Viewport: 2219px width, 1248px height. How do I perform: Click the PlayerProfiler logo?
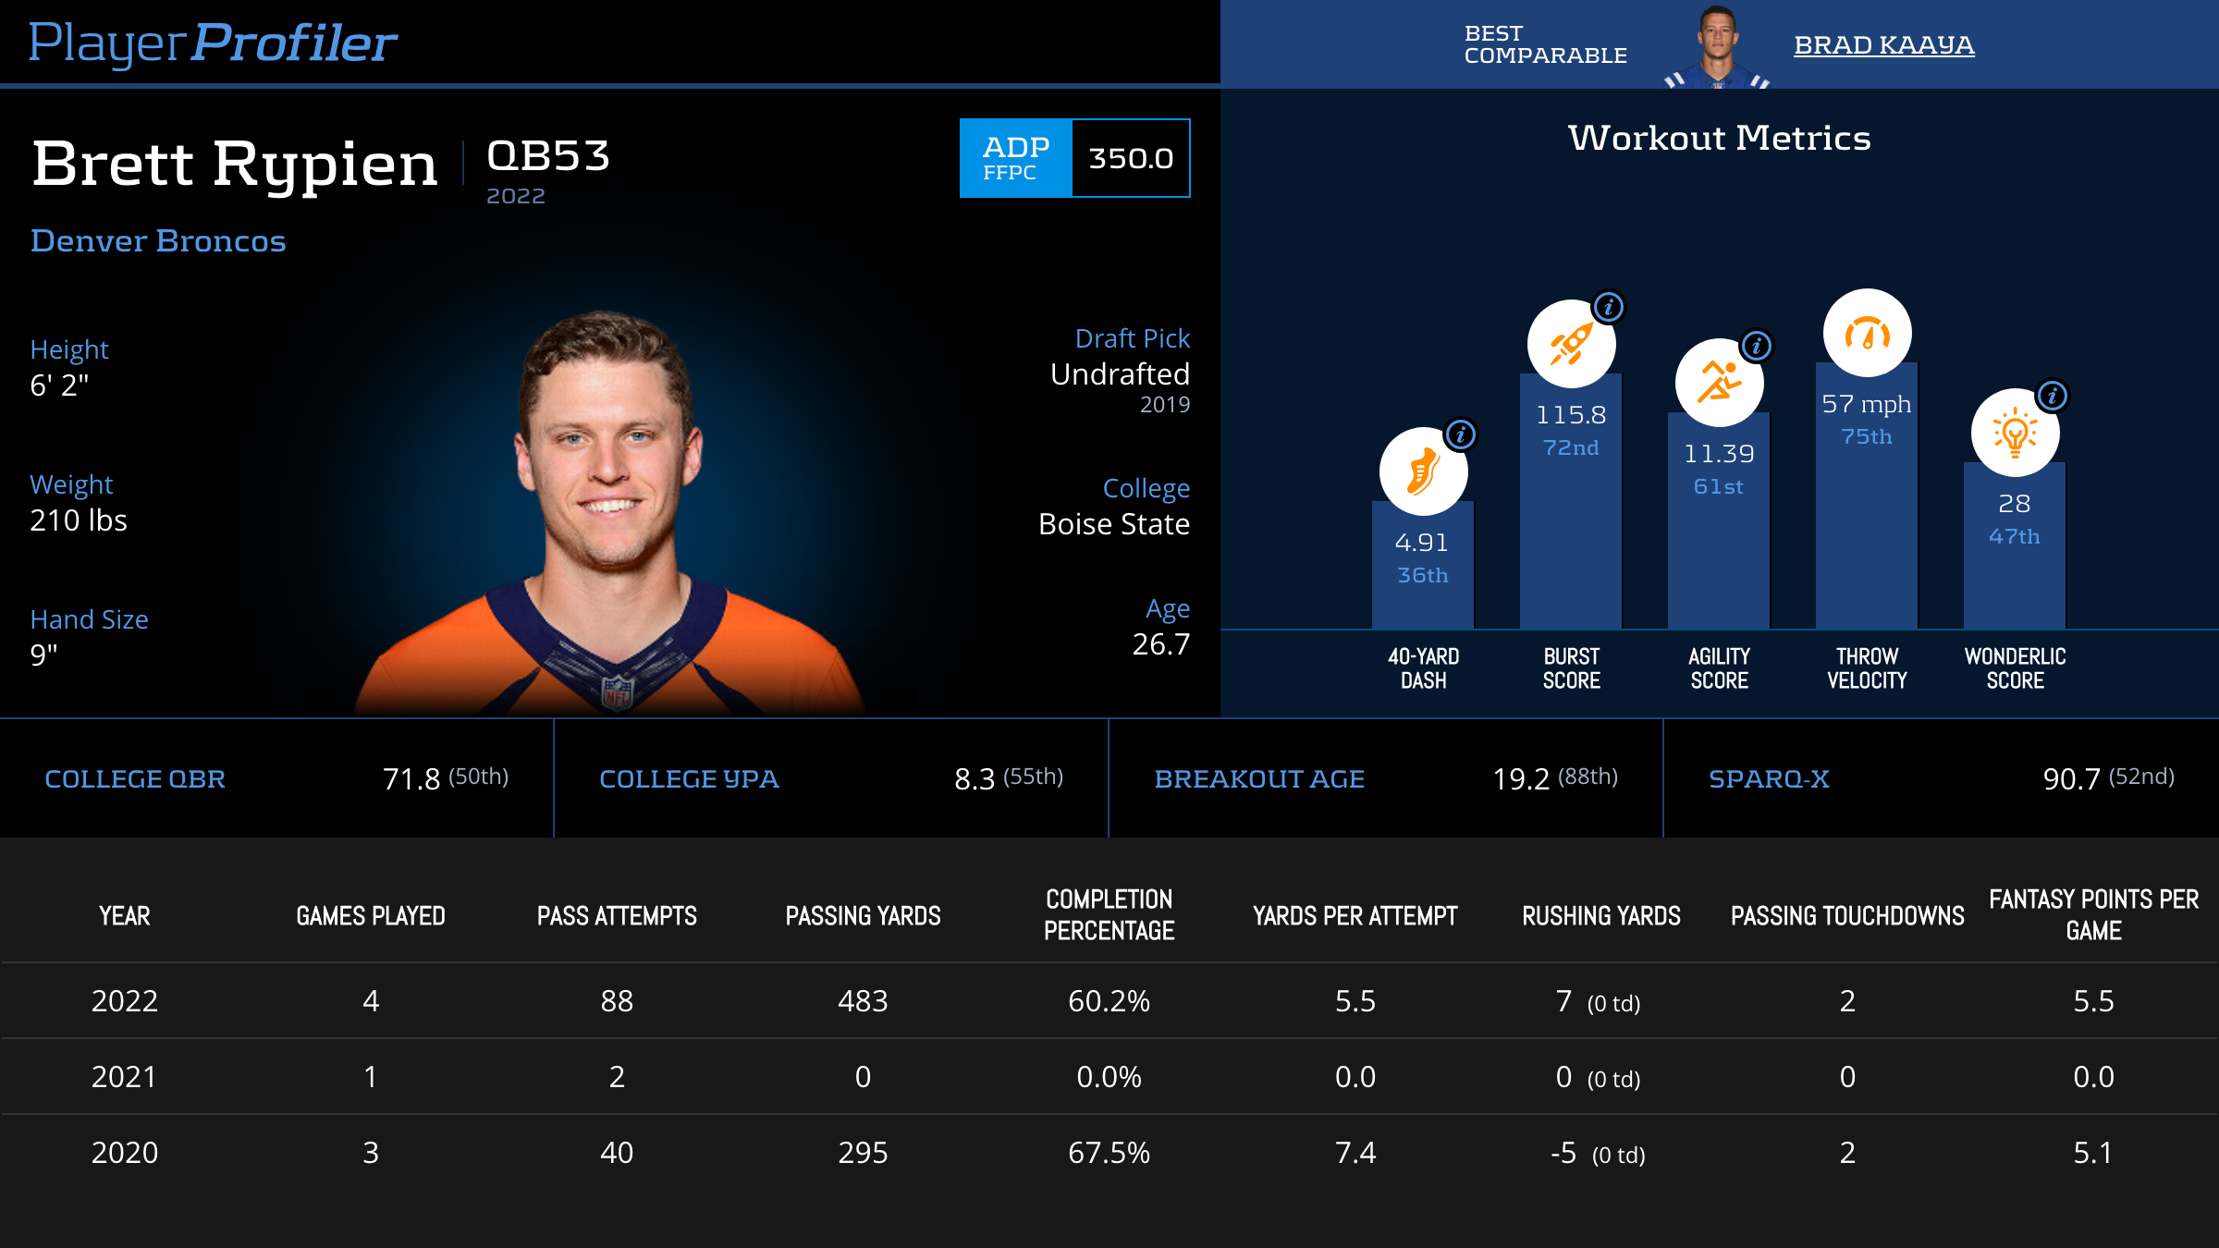[213, 43]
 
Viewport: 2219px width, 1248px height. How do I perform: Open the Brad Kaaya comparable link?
[1883, 44]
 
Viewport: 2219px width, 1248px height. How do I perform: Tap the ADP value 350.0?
[1131, 158]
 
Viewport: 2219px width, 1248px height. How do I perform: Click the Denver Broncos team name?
[158, 240]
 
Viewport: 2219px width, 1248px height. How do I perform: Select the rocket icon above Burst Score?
[1571, 344]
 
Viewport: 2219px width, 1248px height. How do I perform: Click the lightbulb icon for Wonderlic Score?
[2015, 433]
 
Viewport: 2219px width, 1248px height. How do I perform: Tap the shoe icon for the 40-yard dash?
[1423, 471]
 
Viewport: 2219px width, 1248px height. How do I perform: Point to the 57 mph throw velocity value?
[1866, 404]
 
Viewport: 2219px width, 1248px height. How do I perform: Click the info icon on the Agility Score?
[1757, 346]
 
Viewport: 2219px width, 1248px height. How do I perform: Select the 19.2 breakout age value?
[1521, 779]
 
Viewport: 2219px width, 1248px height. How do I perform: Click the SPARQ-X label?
[1769, 779]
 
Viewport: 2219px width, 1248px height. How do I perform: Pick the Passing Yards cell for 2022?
[863, 1001]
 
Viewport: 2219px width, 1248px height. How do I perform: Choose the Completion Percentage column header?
[1109, 915]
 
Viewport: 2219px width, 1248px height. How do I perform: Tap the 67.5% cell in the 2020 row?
[1109, 1153]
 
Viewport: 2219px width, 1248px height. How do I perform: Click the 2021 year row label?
[124, 1077]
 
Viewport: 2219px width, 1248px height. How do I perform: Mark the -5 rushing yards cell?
[1563, 1153]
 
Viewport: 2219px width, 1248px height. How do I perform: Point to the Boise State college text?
[1113, 524]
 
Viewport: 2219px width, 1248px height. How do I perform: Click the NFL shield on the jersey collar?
[618, 691]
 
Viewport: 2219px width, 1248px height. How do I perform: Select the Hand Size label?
[89, 619]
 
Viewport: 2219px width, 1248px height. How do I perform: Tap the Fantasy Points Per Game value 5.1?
[2093, 1153]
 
